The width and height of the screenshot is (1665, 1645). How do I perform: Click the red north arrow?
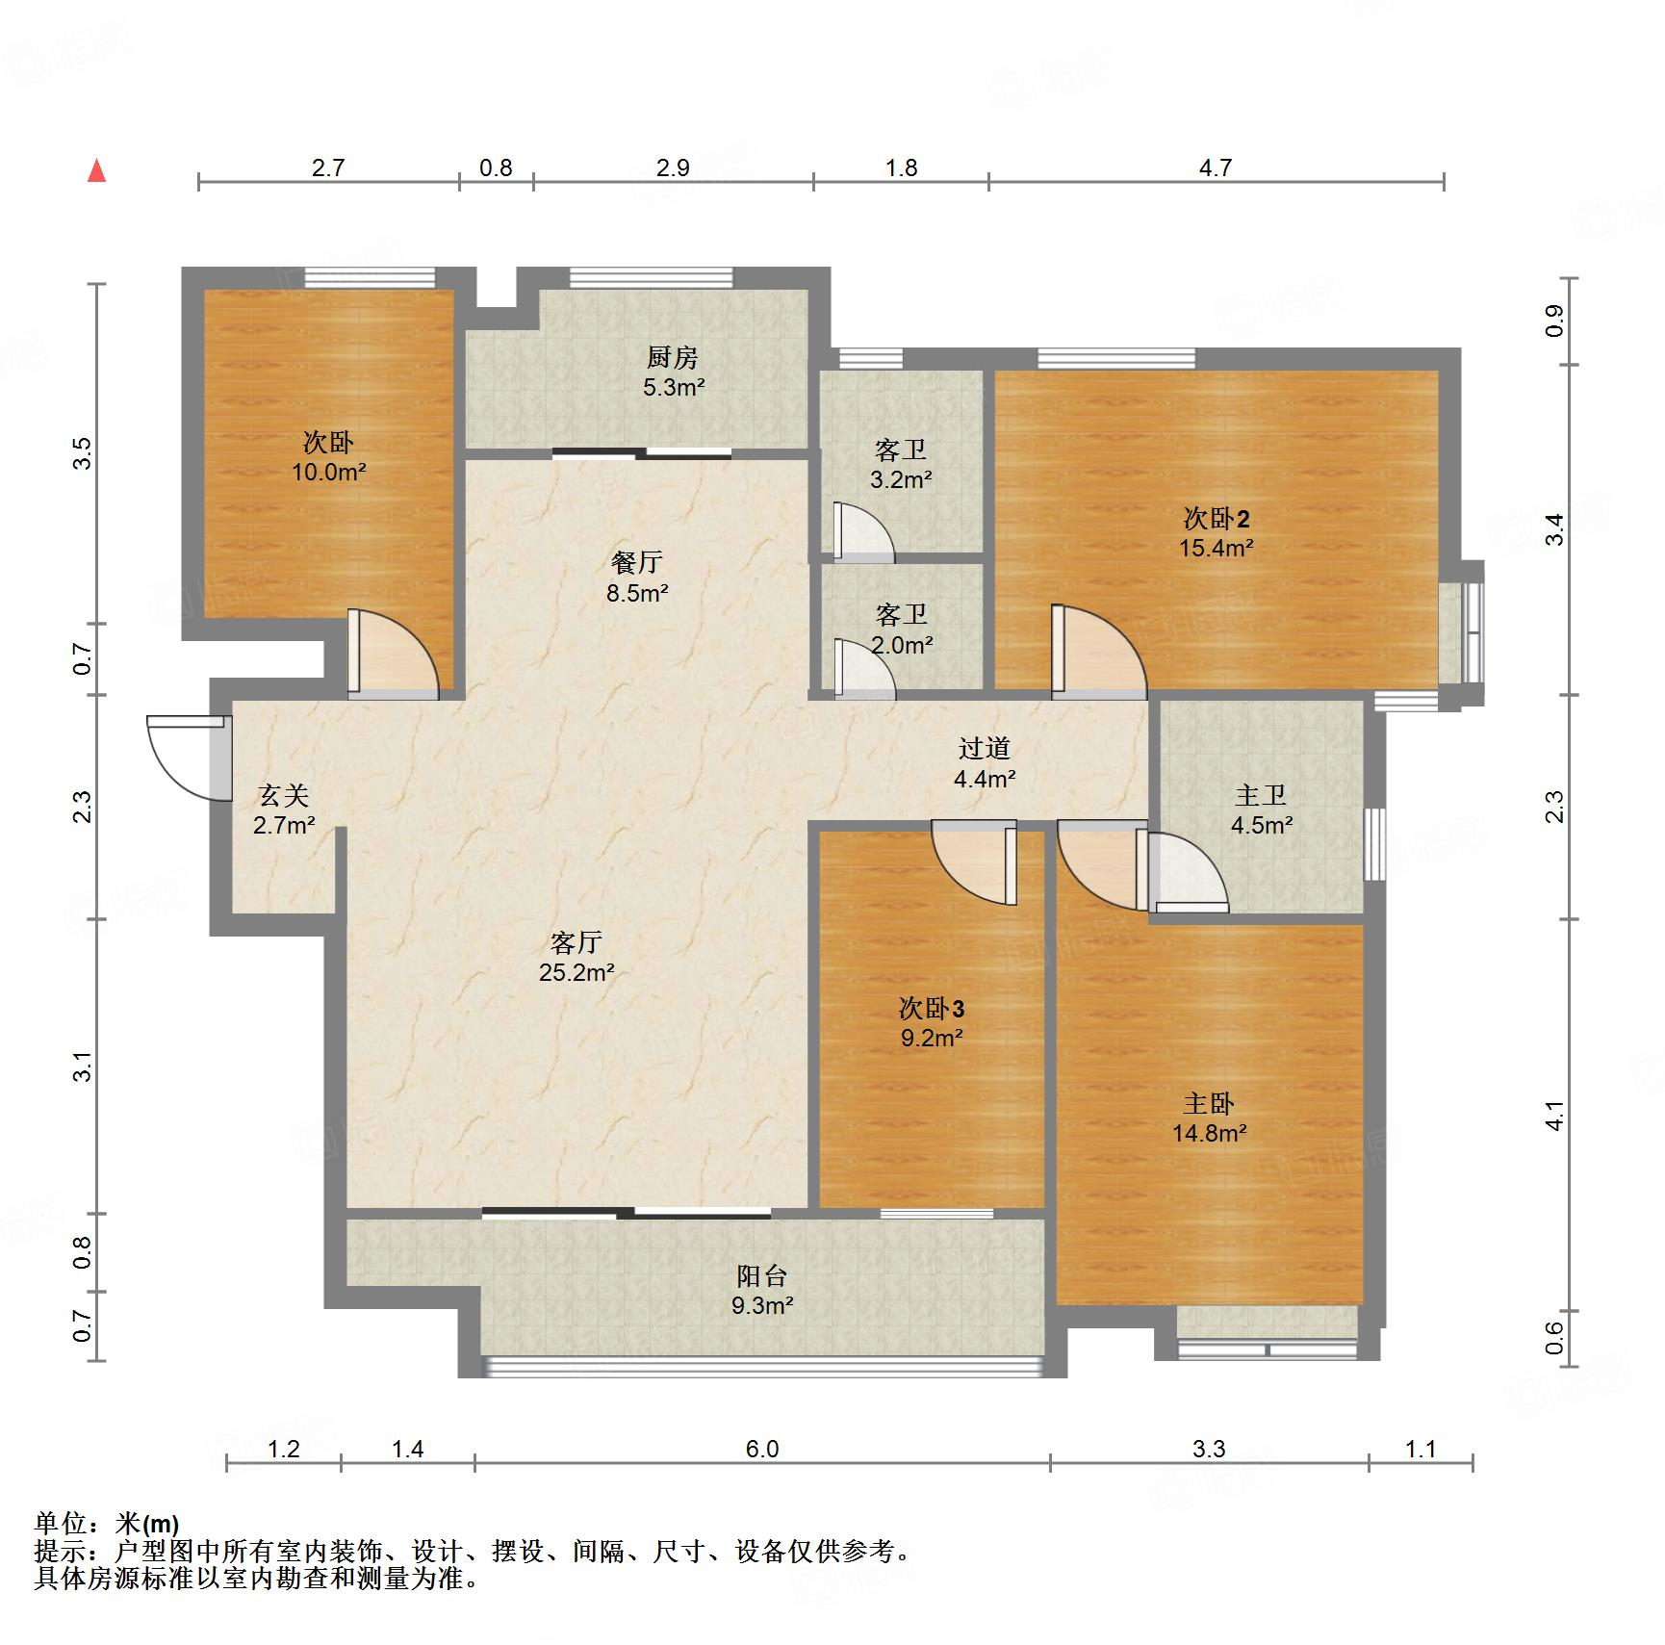tap(96, 170)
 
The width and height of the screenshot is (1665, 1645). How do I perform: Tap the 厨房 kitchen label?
tap(672, 357)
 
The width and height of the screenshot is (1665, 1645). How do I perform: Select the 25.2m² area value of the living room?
tap(576, 972)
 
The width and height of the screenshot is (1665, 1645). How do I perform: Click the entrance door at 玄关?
tap(190, 758)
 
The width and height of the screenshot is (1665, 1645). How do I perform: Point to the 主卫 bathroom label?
tap(1261, 795)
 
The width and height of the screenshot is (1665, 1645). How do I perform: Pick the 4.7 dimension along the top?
tap(1216, 167)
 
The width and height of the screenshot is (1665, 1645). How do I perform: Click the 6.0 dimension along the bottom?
tap(761, 1449)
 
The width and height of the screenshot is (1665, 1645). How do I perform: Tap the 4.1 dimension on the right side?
tap(1554, 1116)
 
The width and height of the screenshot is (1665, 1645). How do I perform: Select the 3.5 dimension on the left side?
tap(83, 452)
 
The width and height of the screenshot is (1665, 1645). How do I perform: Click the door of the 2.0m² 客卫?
tap(864, 667)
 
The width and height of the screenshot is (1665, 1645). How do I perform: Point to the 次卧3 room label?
tap(932, 1008)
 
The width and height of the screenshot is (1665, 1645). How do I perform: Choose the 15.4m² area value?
tap(1217, 549)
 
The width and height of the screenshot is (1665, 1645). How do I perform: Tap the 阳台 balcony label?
tap(762, 1275)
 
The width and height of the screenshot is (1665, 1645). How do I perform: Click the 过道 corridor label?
tap(985, 748)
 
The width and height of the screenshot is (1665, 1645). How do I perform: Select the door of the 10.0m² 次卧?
tap(393, 653)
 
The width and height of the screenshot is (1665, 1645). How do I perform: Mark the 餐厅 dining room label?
tap(637, 562)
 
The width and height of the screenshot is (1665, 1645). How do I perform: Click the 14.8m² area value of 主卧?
tap(1210, 1134)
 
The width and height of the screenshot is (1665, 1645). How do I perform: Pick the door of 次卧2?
tap(1099, 650)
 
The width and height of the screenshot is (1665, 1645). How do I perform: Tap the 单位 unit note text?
tap(106, 1524)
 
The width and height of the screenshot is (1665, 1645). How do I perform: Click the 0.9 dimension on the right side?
tap(1554, 320)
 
